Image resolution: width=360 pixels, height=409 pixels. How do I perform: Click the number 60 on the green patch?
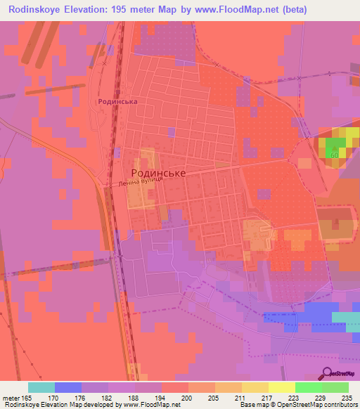click(335, 155)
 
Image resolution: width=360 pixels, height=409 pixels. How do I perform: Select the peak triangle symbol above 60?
click(335, 147)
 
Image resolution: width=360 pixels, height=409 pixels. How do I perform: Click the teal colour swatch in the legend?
click(41, 387)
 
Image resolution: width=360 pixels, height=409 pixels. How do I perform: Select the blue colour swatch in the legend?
click(68, 387)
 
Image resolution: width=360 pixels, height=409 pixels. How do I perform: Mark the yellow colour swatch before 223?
click(281, 387)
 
